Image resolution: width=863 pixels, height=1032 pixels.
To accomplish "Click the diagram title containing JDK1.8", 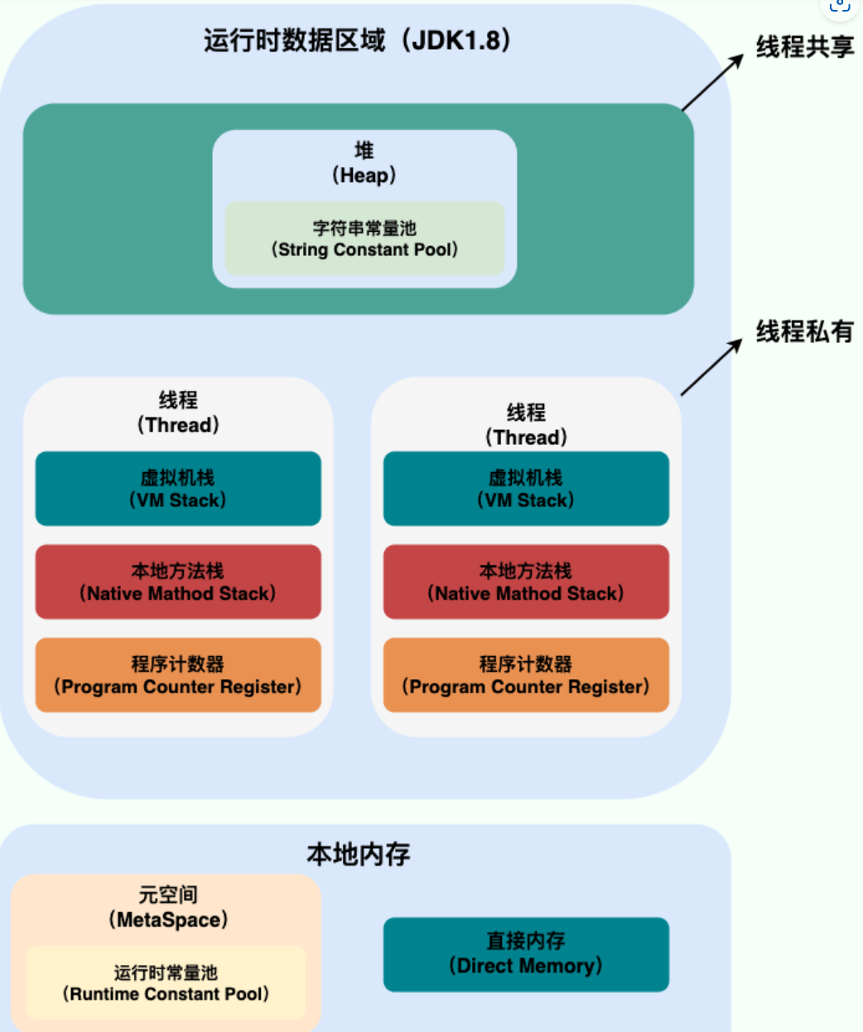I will pyautogui.click(x=357, y=40).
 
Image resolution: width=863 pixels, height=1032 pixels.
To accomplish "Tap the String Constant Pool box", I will pyautogui.click(x=364, y=239).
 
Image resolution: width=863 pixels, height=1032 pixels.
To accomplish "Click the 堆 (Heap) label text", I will pyautogui.click(x=364, y=163).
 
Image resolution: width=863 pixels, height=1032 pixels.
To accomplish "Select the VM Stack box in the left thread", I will pyautogui.click(x=178, y=489).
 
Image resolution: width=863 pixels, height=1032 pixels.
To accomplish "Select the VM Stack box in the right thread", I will pyautogui.click(x=526, y=489).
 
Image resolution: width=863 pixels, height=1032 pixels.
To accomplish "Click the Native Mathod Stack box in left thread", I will pyautogui.click(x=178, y=581).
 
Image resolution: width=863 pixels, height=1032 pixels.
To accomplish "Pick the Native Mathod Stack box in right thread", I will pyautogui.click(x=526, y=581).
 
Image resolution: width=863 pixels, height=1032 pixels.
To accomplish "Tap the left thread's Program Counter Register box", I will pyautogui.click(x=178, y=675).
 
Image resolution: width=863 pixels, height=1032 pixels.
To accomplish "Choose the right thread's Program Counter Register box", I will pyautogui.click(x=526, y=675).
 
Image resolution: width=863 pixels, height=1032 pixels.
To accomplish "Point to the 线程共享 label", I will pyautogui.click(x=804, y=47).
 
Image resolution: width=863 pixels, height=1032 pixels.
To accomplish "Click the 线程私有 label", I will pyautogui.click(x=804, y=332).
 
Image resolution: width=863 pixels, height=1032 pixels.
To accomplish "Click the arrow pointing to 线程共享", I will pyautogui.click(x=712, y=82).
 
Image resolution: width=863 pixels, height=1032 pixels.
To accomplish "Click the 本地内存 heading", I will pyautogui.click(x=358, y=854).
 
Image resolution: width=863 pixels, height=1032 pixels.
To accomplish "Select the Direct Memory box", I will pyautogui.click(x=526, y=954).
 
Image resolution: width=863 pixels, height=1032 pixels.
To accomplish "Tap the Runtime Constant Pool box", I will pyautogui.click(x=166, y=983).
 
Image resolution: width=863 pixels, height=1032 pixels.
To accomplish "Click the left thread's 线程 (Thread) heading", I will pyautogui.click(x=178, y=412).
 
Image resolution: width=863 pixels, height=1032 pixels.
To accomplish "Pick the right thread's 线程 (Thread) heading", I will pyautogui.click(x=526, y=425).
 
